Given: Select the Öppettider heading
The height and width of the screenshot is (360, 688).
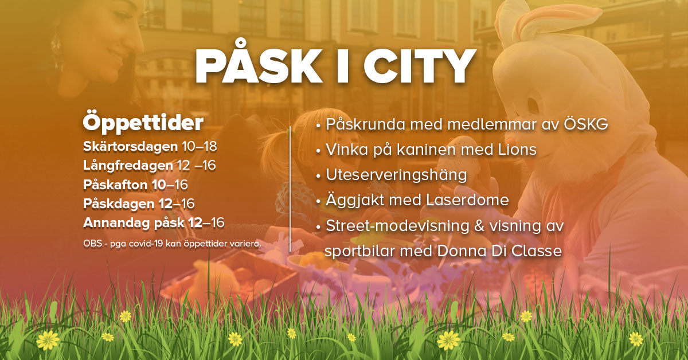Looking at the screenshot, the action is tap(143, 123).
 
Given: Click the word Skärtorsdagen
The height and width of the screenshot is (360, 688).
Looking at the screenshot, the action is tap(131, 147).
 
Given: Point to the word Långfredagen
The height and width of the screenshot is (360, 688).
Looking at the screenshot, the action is tap(128, 166).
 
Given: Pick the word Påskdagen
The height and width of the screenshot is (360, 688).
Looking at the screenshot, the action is tap(119, 204).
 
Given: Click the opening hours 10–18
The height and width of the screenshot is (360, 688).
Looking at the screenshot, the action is tap(200, 147).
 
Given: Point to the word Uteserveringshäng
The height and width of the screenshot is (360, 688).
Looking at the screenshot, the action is tap(396, 175).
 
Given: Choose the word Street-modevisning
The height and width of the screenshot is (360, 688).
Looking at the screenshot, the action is tap(398, 226).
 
